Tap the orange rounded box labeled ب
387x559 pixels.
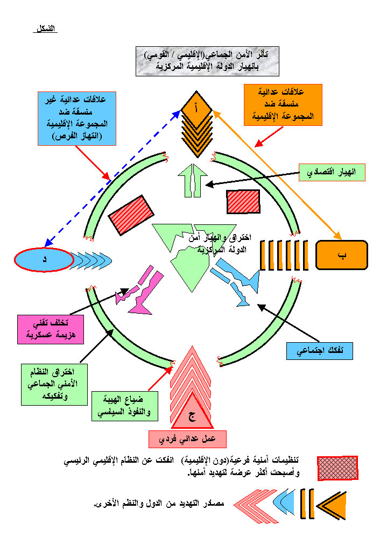pyautogui.click(x=341, y=255)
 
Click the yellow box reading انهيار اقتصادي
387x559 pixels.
pyautogui.click(x=332, y=172)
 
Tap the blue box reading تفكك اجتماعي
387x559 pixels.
pyautogui.click(x=319, y=350)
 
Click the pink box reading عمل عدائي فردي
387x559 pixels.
pyautogui.click(x=187, y=438)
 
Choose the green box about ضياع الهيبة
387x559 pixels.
pyautogui.click(x=125, y=406)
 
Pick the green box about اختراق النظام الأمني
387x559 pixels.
pyautogui.click(x=54, y=384)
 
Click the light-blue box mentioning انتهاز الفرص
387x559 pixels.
pyautogui.click(x=77, y=118)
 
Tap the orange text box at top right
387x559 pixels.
pyautogui.click(x=283, y=104)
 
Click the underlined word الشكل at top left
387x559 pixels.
pyautogui.click(x=45, y=28)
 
